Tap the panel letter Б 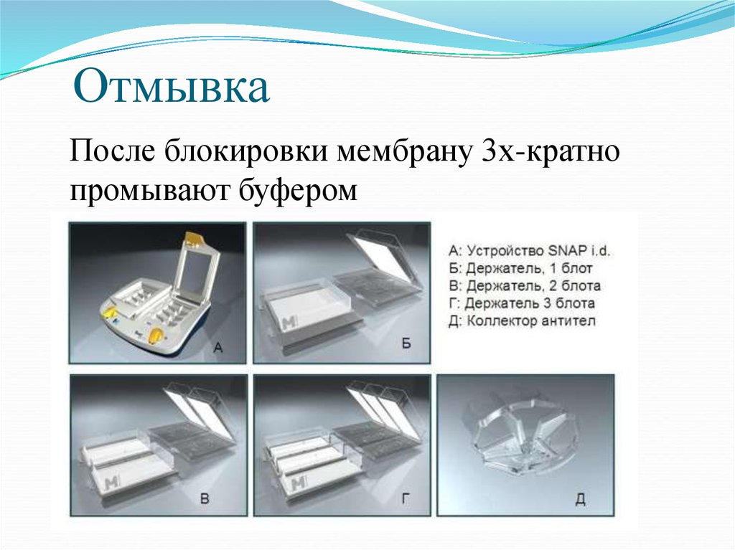(x=406, y=345)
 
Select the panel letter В (x=205, y=500)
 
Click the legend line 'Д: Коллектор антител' (x=521, y=321)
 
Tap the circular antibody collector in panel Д (x=524, y=437)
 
